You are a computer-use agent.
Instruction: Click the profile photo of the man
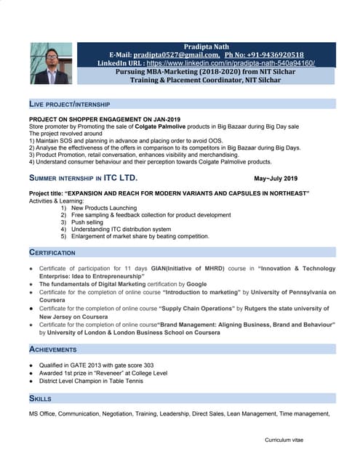pos(51,63)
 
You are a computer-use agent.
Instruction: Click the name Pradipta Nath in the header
pos(207,46)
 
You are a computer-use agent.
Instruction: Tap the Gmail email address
pos(176,55)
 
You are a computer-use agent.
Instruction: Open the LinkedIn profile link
pos(231,63)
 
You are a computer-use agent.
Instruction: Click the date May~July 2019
pos(276,179)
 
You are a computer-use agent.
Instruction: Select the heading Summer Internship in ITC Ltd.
pos(82,178)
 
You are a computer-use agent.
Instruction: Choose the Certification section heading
pos(52,252)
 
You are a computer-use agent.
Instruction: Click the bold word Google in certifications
pos(196,284)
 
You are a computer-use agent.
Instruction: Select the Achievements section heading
pos(52,349)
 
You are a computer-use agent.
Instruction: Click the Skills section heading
pos(40,399)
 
